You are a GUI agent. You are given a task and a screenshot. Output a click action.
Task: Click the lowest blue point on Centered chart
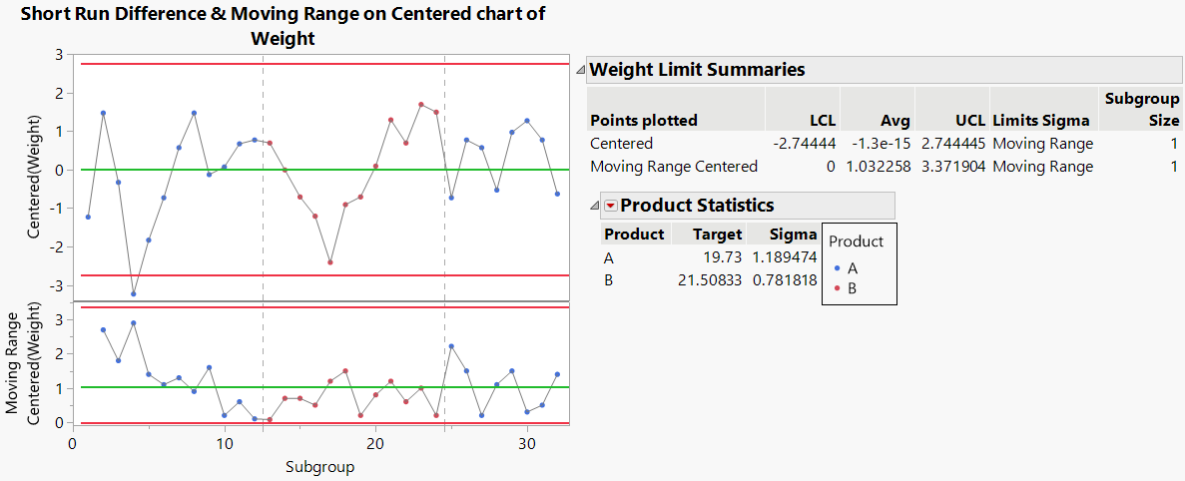(x=134, y=293)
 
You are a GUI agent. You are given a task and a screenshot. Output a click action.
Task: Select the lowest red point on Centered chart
(x=330, y=262)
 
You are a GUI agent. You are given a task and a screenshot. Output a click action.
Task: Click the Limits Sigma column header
(x=1041, y=120)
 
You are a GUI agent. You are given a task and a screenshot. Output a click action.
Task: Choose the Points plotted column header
(x=644, y=120)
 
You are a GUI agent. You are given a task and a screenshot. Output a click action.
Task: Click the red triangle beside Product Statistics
(x=610, y=206)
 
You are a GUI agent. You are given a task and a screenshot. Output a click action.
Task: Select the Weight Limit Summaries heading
(x=697, y=70)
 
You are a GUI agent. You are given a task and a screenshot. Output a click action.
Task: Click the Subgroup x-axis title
(x=319, y=466)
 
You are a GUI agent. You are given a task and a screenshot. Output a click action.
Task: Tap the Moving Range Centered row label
(x=674, y=167)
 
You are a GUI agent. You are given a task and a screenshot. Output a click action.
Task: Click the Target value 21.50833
(x=710, y=280)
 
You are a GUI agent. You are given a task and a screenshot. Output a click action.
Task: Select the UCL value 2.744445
(x=951, y=144)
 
